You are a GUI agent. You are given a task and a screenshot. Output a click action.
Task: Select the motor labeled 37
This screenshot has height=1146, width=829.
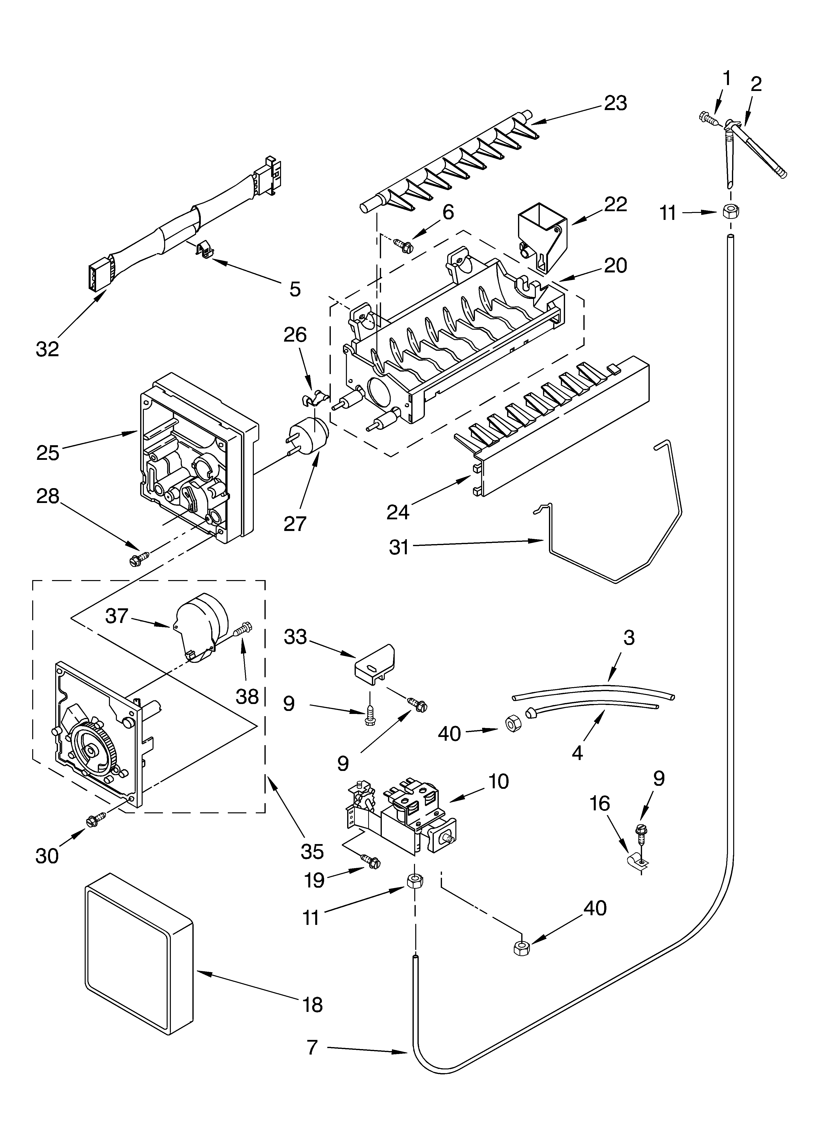click(x=199, y=627)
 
